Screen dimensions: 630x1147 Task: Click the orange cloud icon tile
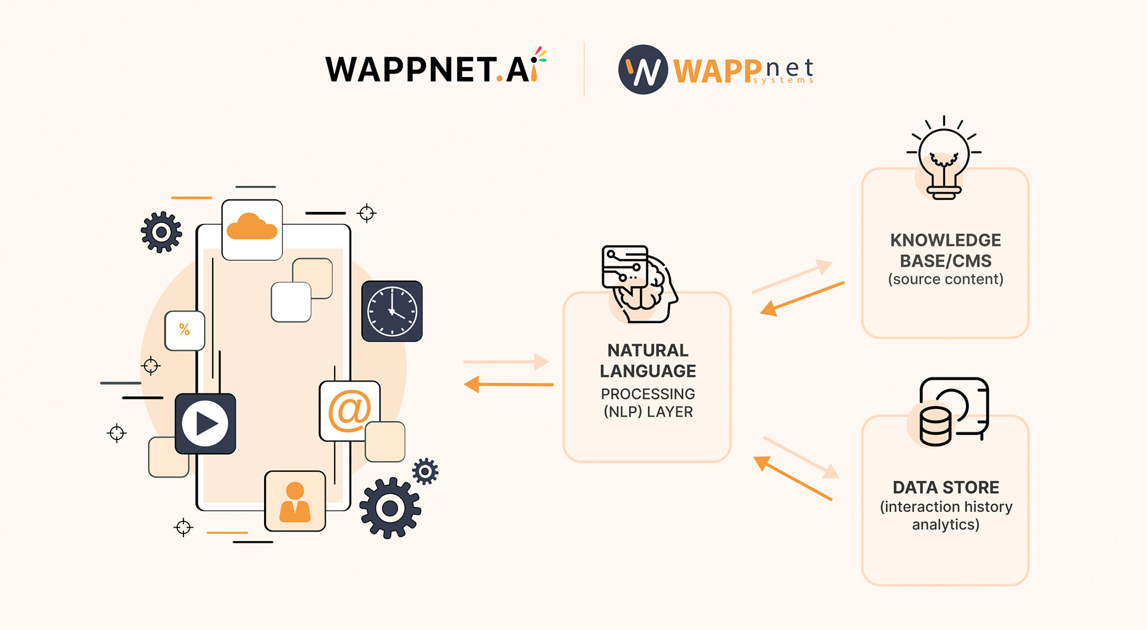(x=252, y=230)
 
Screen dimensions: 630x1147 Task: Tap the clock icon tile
(x=392, y=311)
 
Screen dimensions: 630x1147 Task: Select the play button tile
(x=205, y=423)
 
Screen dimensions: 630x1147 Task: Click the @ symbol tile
(x=349, y=411)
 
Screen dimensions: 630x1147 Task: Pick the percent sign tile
(x=185, y=330)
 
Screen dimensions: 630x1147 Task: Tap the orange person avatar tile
(x=295, y=501)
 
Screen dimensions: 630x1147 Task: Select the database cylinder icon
(x=936, y=426)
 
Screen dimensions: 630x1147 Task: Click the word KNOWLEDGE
(x=945, y=240)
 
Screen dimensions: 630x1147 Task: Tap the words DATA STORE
(x=945, y=487)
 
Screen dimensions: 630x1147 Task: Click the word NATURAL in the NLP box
(x=648, y=350)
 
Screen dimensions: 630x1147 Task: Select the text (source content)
(x=945, y=279)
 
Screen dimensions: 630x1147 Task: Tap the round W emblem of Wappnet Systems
(x=643, y=70)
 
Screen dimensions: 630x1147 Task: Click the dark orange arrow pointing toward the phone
(x=508, y=384)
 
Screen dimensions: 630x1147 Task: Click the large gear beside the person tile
(x=390, y=508)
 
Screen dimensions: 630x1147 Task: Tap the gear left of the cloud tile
(x=161, y=232)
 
